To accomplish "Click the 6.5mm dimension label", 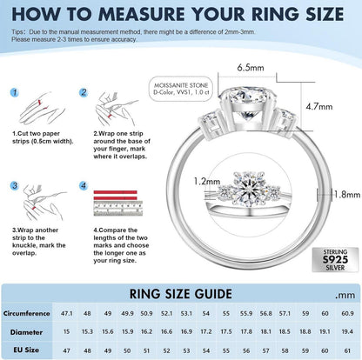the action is point(251,68).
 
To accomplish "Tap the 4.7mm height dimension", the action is point(319,107).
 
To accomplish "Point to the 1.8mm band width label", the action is point(347,194).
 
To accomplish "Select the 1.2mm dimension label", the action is point(207,182).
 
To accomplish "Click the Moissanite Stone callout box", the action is point(181,89).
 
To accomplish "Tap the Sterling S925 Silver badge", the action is point(335,260).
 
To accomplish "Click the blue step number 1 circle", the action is point(15,92).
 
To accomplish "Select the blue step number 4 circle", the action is point(84,185).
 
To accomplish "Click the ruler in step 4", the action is point(118,209).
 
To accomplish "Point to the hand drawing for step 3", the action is point(44,202).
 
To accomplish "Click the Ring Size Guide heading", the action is point(180,294).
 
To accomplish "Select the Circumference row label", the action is point(26,313).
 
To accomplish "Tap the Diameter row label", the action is point(26,332).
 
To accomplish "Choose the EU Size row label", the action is point(26,350).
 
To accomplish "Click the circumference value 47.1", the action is point(67,313).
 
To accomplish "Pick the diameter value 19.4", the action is point(347,331).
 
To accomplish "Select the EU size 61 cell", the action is point(347,350).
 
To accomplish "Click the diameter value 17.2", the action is point(206,331).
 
